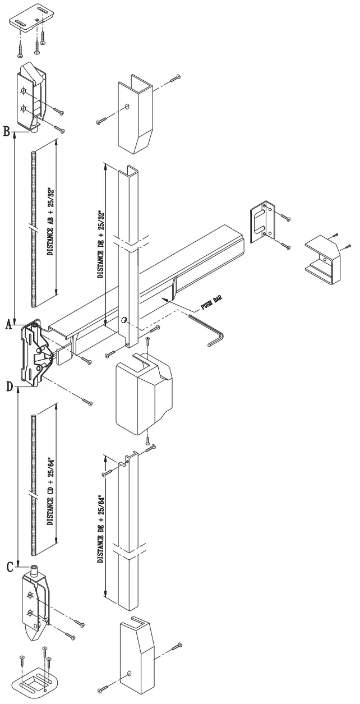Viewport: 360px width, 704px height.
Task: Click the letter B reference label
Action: (6, 132)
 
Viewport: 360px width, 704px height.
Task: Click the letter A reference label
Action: (8, 324)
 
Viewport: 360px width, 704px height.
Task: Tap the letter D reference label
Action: (8, 386)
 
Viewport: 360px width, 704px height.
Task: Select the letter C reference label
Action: (10, 567)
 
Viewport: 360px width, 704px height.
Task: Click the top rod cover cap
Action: (135, 113)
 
